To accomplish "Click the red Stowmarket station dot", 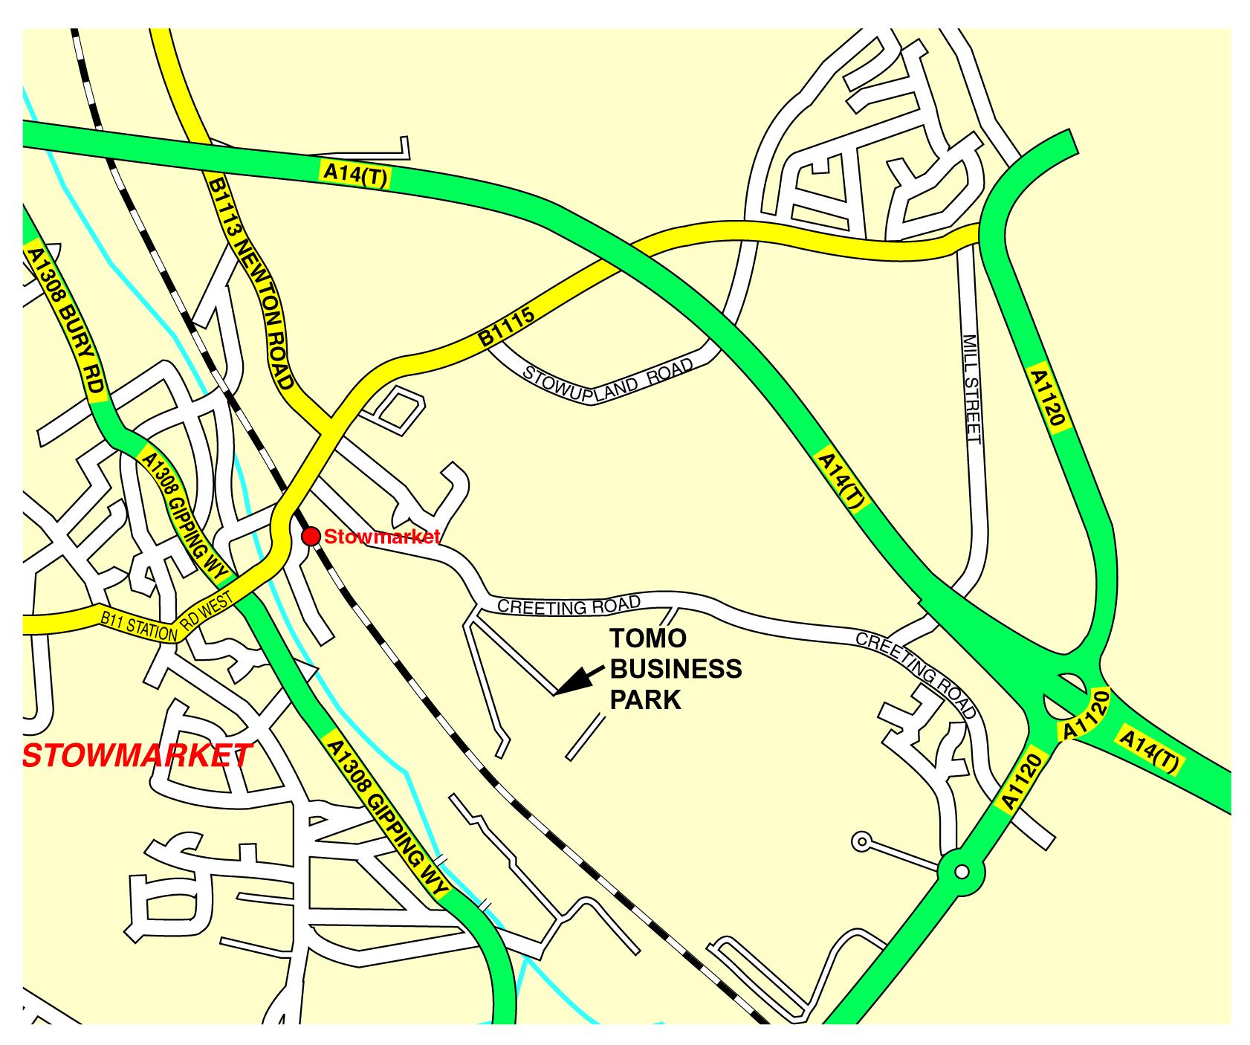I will coord(311,536).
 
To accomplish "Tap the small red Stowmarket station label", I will coord(382,537).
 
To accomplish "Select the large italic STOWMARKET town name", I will coord(137,754).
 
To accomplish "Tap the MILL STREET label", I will coord(971,389).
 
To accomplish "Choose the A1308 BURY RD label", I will coord(64,321).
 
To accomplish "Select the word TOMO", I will coord(648,639).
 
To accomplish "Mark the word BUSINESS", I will coord(676,670).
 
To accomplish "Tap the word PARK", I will coord(645,700).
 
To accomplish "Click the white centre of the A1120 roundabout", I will coord(962,871).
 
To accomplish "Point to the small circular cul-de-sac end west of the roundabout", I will coord(861,841).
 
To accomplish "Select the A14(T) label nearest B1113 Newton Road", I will coord(355,175).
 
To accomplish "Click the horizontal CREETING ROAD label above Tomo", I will coord(569,605).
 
